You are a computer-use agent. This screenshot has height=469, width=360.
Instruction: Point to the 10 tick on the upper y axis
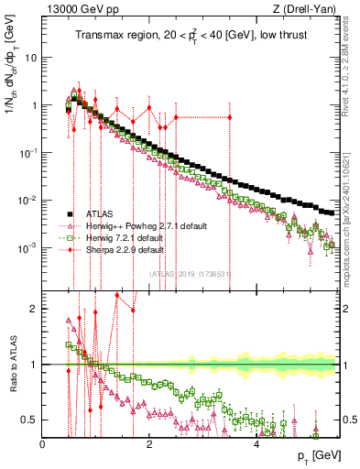[x=31, y=57]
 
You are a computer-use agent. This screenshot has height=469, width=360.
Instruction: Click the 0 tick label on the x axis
[x=43, y=443]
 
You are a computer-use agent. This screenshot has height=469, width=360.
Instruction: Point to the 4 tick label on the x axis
[x=256, y=443]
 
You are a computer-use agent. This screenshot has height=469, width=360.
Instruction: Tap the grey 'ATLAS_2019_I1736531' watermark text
[x=190, y=272]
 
